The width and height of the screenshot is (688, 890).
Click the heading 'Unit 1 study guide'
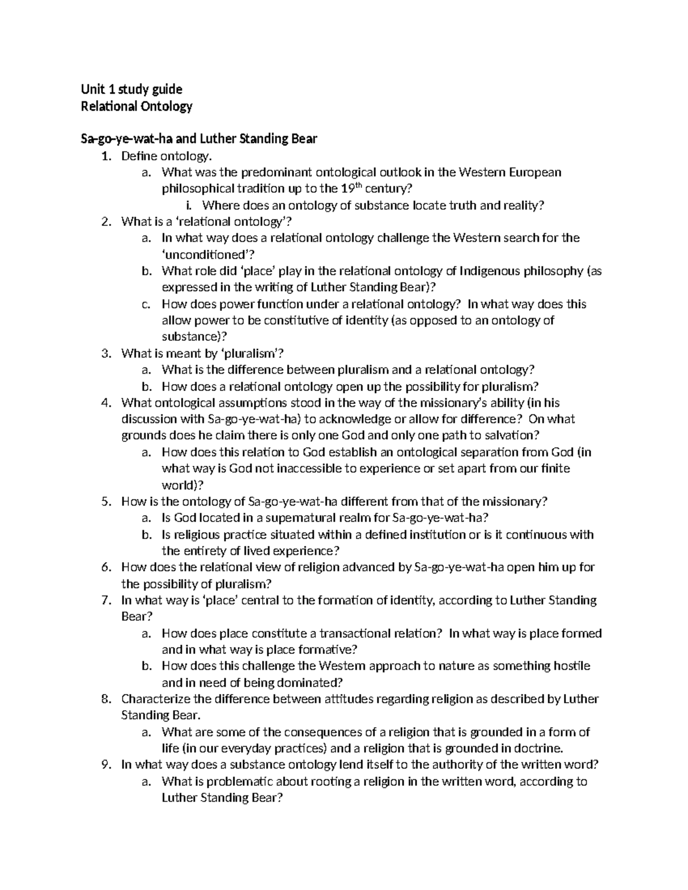(x=131, y=89)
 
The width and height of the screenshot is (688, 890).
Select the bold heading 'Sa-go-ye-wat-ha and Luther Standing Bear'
(x=198, y=139)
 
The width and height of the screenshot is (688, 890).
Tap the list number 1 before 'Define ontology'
(x=105, y=156)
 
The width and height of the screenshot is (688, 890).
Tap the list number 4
(x=105, y=403)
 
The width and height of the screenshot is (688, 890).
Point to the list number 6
(x=105, y=567)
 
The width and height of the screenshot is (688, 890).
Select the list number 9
(x=105, y=765)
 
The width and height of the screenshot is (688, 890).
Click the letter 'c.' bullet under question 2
(x=146, y=304)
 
